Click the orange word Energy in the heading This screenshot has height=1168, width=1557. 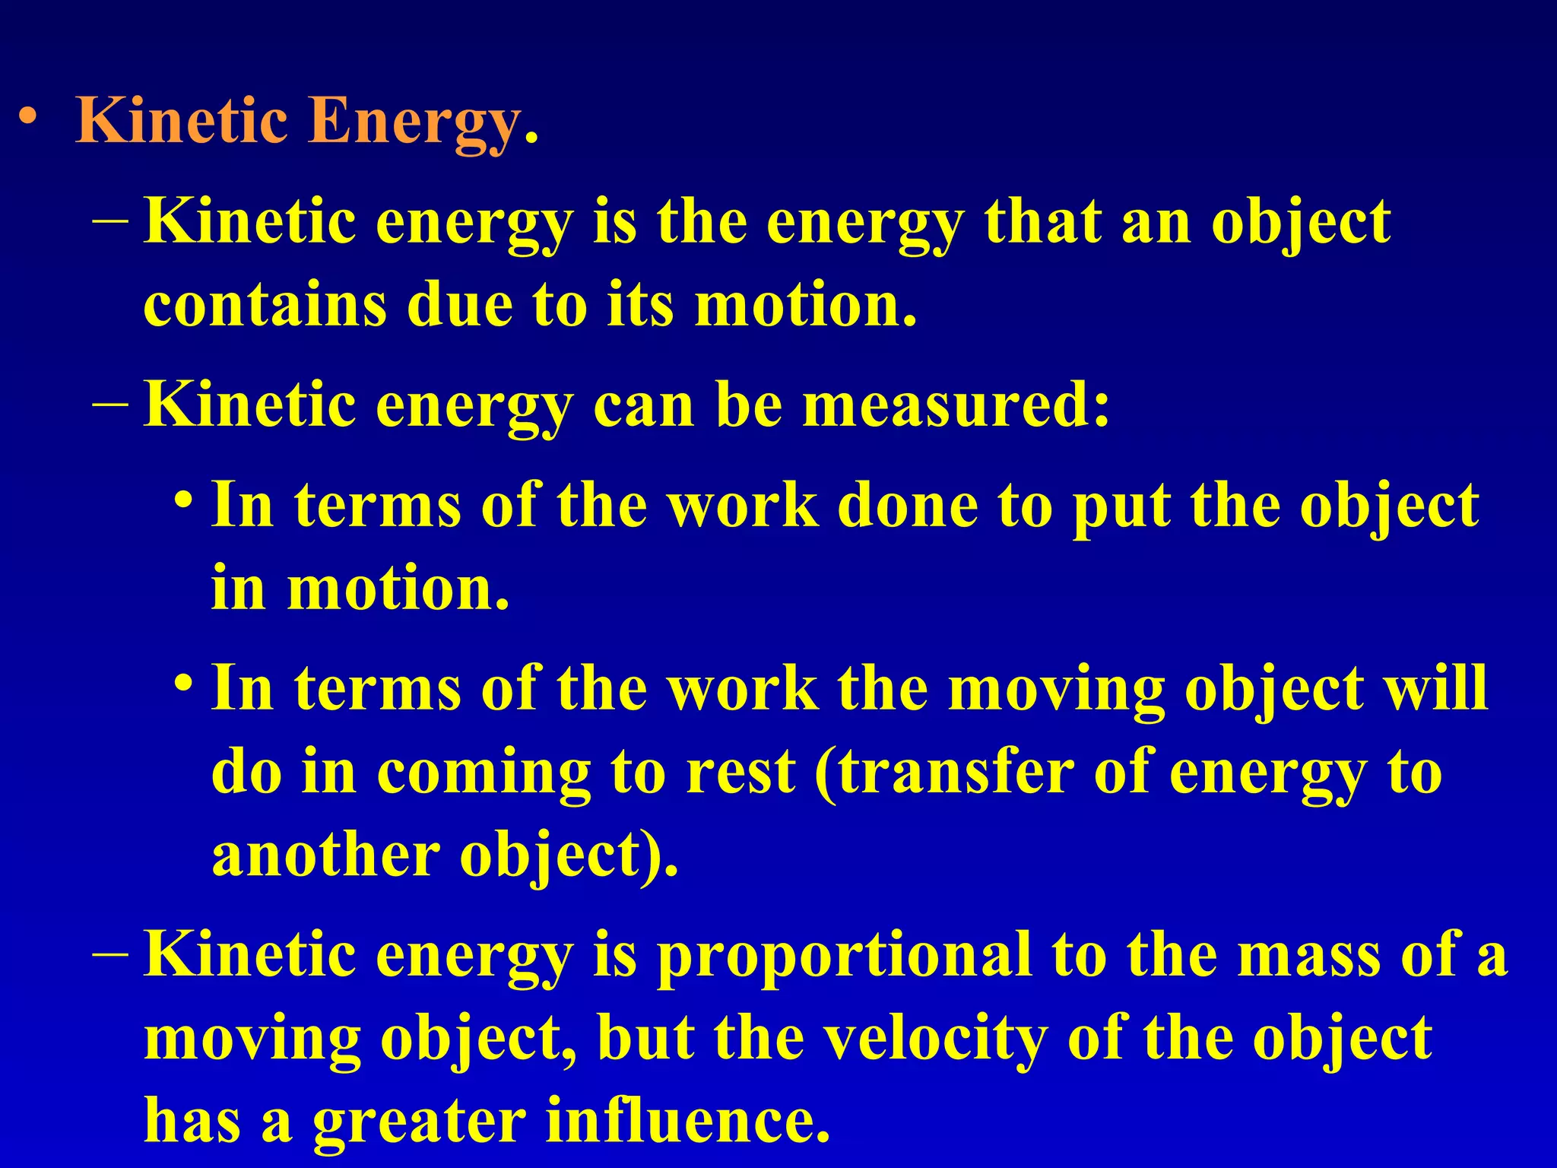point(414,122)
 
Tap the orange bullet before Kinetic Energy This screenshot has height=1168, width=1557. point(28,117)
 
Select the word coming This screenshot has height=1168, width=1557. point(484,773)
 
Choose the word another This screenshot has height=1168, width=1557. point(325,855)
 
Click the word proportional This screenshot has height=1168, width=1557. point(844,955)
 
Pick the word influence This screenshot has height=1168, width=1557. point(687,1121)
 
